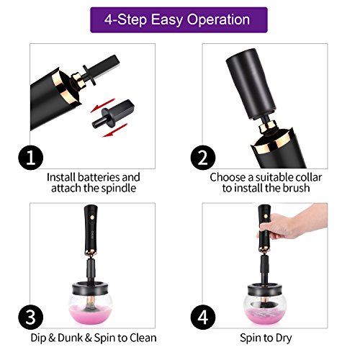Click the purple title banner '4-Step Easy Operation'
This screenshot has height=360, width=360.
(x=179, y=19)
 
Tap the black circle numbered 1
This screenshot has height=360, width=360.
(x=31, y=158)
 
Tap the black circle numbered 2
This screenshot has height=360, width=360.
(x=203, y=158)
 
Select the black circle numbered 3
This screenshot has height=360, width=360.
(x=31, y=318)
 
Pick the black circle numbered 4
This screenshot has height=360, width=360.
(x=203, y=318)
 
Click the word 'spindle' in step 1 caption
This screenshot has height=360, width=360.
(x=119, y=189)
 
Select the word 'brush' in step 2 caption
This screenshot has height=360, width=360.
(x=297, y=188)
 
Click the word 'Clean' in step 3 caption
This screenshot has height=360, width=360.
(x=143, y=338)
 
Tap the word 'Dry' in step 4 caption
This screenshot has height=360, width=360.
(x=284, y=338)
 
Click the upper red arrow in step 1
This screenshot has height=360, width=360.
(x=102, y=105)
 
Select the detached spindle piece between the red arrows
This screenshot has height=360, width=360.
(x=113, y=113)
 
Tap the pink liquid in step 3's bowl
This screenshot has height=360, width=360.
(x=91, y=314)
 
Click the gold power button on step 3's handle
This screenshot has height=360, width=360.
(x=91, y=217)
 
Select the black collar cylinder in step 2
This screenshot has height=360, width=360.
(x=251, y=84)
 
